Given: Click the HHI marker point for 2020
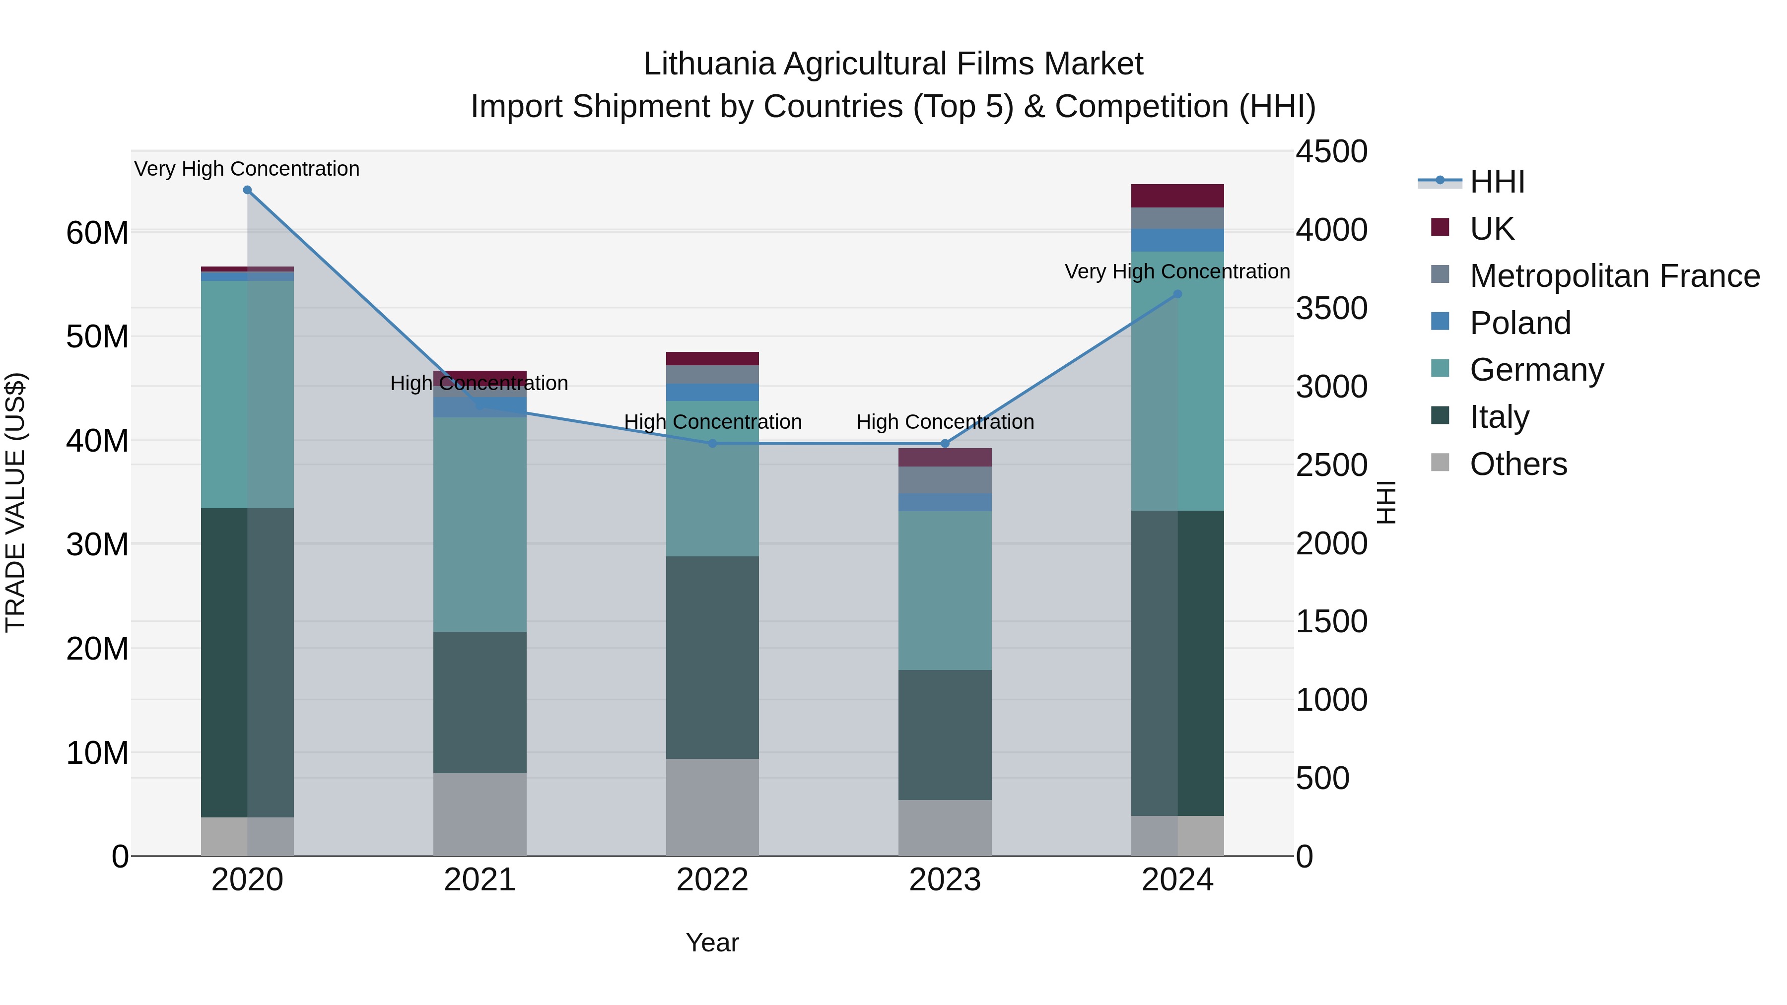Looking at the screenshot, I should tap(247, 190).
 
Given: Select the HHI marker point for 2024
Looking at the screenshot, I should tap(1177, 294).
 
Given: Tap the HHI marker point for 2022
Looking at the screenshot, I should tap(712, 443).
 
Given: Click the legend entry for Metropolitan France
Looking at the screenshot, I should tap(1614, 276).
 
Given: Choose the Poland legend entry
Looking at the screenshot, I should tap(1520, 323).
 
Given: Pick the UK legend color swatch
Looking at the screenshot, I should tap(1440, 227).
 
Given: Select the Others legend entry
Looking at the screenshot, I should tap(1518, 464).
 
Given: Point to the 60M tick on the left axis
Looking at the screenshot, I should tap(97, 233).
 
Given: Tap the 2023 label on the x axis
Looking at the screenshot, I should tap(945, 880).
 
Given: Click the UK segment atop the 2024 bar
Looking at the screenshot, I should tap(1177, 196).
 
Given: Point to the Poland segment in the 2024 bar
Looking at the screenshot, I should tap(1177, 240).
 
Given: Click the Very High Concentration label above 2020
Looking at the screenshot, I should tap(247, 169).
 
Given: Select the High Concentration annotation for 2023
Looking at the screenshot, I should tap(945, 422).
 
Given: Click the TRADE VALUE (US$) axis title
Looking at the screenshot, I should tap(15, 502).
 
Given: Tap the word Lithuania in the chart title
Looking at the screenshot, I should tap(708, 65).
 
